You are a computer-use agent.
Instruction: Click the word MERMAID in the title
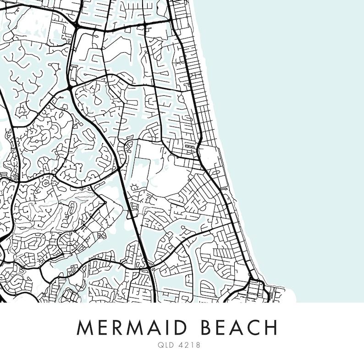pos(133,328)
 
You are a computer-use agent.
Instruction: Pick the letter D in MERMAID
pos(182,328)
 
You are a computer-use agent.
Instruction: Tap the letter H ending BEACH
pos(270,328)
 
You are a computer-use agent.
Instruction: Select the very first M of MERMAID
pos(84,328)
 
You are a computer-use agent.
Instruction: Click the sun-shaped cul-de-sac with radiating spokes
pos(135,187)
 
